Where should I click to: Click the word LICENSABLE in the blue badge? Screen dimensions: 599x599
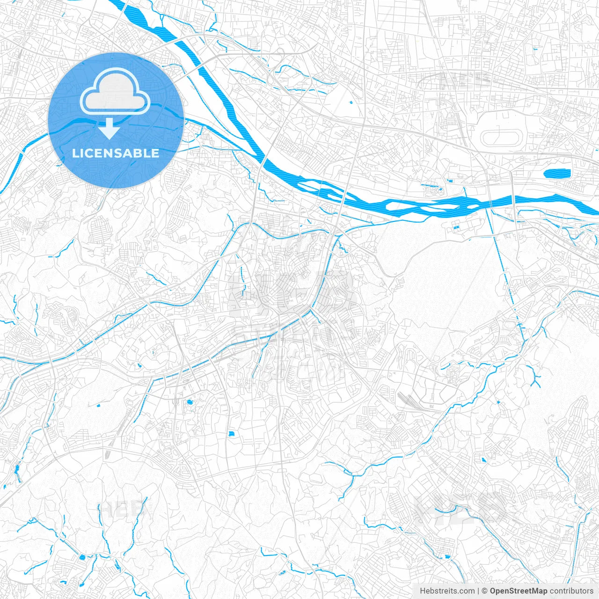pyautogui.click(x=116, y=153)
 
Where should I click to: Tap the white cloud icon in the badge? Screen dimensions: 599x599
pyautogui.click(x=115, y=92)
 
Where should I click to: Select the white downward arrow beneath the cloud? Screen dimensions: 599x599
pyautogui.click(x=110, y=129)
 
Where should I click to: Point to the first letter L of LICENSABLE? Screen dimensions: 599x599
pyautogui.click(x=75, y=153)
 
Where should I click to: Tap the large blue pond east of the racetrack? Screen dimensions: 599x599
pyautogui.click(x=557, y=174)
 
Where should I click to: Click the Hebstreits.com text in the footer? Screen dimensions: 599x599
pyautogui.click(x=447, y=591)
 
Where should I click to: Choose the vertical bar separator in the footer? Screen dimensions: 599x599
pyautogui.click(x=478, y=591)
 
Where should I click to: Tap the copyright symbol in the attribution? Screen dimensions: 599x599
pyautogui.click(x=485, y=591)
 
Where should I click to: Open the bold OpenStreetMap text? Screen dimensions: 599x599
pyautogui.click(x=519, y=591)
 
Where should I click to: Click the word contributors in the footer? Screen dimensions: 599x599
pyautogui.click(x=571, y=591)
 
